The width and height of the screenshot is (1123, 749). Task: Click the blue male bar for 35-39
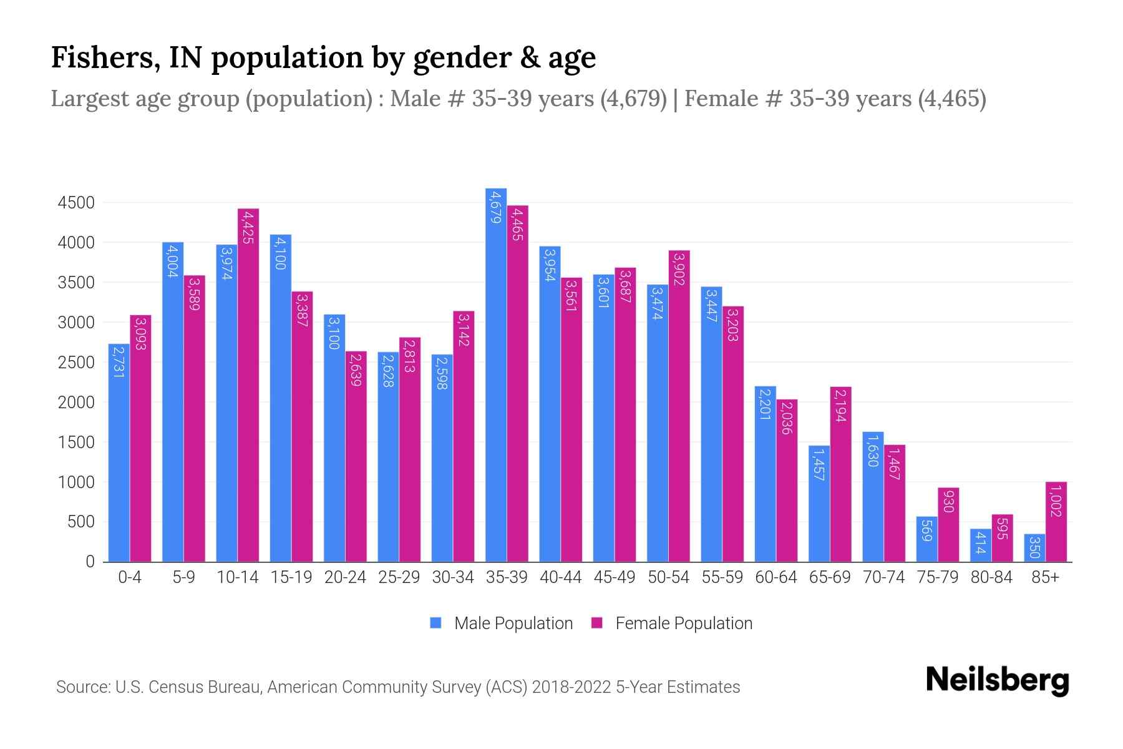tap(496, 374)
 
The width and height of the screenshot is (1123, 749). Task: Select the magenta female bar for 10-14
tap(248, 385)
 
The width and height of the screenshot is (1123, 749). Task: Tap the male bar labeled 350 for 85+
tap(1034, 548)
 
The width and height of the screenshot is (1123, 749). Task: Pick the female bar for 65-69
tap(840, 474)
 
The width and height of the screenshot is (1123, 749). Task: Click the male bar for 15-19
tap(281, 398)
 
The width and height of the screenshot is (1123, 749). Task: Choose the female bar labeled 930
tap(948, 524)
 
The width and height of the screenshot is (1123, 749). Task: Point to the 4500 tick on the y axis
tap(76, 203)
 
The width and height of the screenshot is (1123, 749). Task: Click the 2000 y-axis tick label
tap(76, 403)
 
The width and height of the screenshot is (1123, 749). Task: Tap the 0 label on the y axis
tap(90, 562)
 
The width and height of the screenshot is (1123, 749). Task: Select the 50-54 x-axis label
tap(668, 577)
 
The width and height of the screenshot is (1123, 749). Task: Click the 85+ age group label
tap(1045, 577)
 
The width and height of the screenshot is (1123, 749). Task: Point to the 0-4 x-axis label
tap(130, 577)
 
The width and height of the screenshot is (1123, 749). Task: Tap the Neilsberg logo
tap(997, 680)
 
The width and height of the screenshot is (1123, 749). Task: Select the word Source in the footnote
tap(81, 687)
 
